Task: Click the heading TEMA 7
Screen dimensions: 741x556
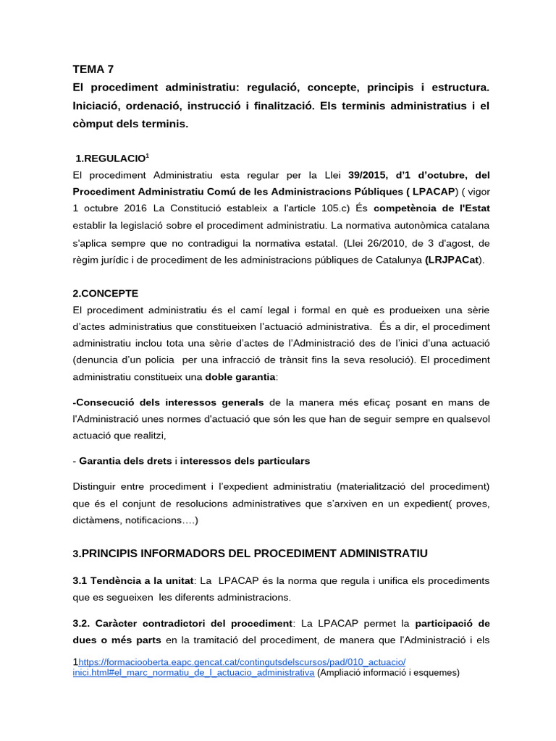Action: pyautogui.click(x=93, y=69)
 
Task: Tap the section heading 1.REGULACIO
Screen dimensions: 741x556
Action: pyautogui.click(x=111, y=158)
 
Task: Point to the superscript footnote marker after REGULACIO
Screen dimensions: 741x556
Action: pyautogui.click(x=148, y=155)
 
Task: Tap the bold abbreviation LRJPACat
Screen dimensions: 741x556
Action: pyautogui.click(x=454, y=260)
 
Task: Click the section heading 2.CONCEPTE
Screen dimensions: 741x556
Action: pyautogui.click(x=105, y=293)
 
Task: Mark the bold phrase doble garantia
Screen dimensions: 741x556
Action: pyautogui.click(x=240, y=376)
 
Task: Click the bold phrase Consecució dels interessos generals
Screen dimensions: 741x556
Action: pyautogui.click(x=169, y=402)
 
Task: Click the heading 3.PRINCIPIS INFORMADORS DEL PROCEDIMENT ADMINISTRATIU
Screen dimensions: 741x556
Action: pyautogui.click(x=250, y=553)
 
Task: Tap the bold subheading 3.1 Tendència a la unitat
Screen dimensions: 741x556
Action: pyautogui.click(x=133, y=580)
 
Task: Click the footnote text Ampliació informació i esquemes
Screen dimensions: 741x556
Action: pyautogui.click(x=389, y=672)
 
